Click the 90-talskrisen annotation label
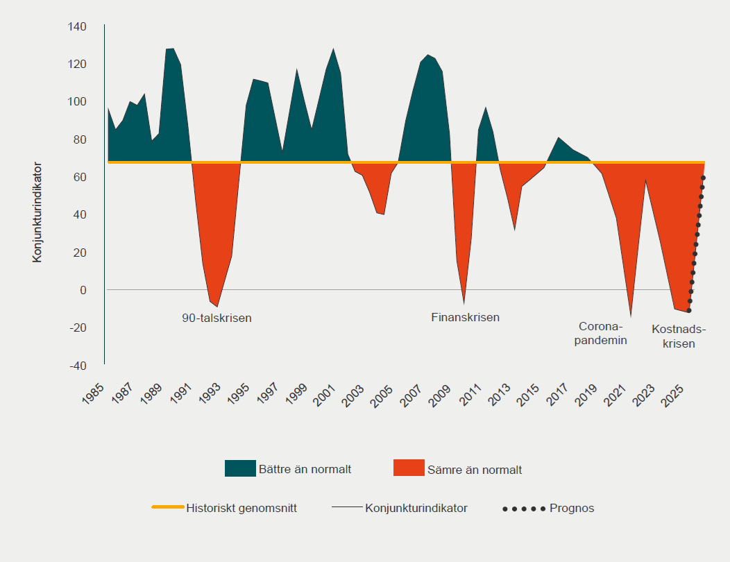(217, 318)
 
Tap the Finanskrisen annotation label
(465, 318)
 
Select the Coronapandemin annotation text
(602, 334)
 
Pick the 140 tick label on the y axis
(77, 27)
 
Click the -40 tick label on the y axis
(78, 365)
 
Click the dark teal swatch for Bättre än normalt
(240, 468)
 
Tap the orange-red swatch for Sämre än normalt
(409, 468)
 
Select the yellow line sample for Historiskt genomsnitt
(167, 507)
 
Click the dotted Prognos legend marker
(524, 509)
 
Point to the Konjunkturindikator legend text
(416, 508)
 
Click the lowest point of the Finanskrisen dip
(464, 304)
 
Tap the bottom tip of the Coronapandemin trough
(631, 316)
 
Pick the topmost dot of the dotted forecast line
(703, 178)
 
